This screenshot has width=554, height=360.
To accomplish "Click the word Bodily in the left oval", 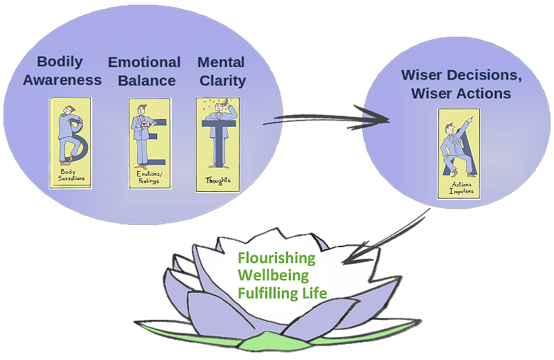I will pyautogui.click(x=60, y=62).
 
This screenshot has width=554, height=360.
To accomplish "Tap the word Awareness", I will pyautogui.click(x=62, y=80).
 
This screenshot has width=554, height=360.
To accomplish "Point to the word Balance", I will pyautogui.click(x=147, y=80).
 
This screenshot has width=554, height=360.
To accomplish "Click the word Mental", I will pyautogui.click(x=222, y=62).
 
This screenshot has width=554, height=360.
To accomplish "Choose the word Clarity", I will pyautogui.click(x=222, y=80).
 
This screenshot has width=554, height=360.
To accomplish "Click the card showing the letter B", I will pyautogui.click(x=71, y=142).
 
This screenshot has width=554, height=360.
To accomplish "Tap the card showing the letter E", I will pyautogui.click(x=149, y=143).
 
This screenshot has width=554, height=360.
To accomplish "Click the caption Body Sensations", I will pyautogui.click(x=70, y=175).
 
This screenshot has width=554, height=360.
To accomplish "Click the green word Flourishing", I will pyautogui.click(x=276, y=259).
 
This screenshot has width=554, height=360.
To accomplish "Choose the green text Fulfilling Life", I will pyautogui.click(x=282, y=294).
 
